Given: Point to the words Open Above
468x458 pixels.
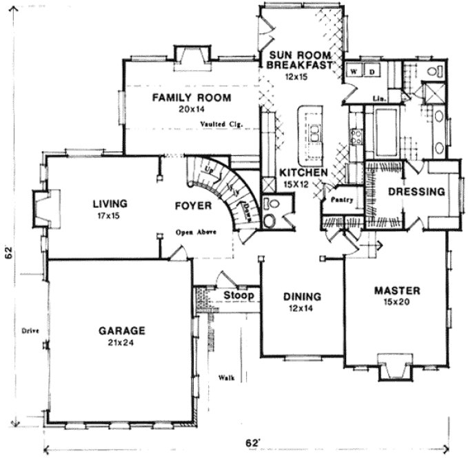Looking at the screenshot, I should [196, 232].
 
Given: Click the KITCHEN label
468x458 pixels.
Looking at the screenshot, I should [298, 172].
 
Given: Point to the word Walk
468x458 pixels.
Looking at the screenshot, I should [224, 377].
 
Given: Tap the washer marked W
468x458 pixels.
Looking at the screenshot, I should [353, 71].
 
